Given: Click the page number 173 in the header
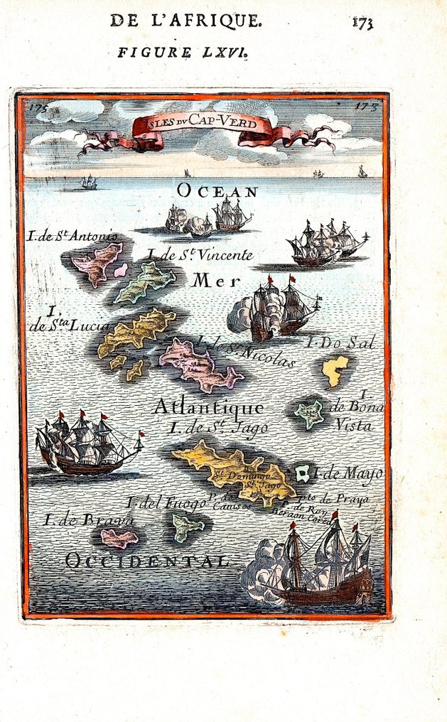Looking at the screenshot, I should click(362, 22).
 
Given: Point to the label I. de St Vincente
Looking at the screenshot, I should click(200, 254).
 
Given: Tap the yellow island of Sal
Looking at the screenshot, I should click(333, 370).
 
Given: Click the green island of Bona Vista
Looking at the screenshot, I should click(309, 414).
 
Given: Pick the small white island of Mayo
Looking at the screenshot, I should click(303, 473).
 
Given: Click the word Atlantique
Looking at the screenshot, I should click(208, 407).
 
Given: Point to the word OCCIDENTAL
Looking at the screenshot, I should click(147, 561).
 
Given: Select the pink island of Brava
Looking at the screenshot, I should click(117, 538).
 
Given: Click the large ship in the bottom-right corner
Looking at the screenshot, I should click(320, 569).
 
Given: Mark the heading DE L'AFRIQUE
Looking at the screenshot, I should click(185, 21).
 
